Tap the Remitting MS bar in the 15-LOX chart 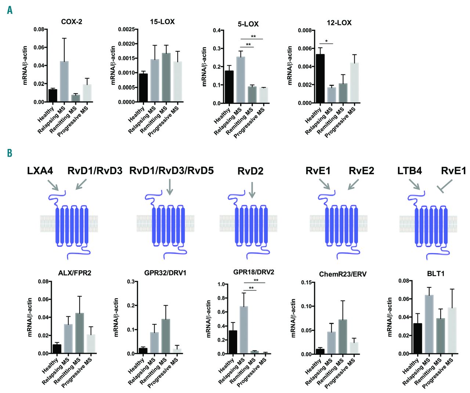pyautogui.click(x=166, y=77)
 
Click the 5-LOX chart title pyautogui.click(x=248, y=24)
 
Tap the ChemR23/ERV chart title pyautogui.click(x=343, y=274)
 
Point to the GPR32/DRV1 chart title pyautogui.click(x=165, y=273)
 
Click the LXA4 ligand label pyautogui.click(x=40, y=171)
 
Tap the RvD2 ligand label pyautogui.click(x=250, y=171)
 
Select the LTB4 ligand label pyautogui.click(x=409, y=171)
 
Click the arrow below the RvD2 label pyautogui.click(x=252, y=189)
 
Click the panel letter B pyautogui.click(x=10, y=153)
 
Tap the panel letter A pyautogui.click(x=10, y=10)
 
